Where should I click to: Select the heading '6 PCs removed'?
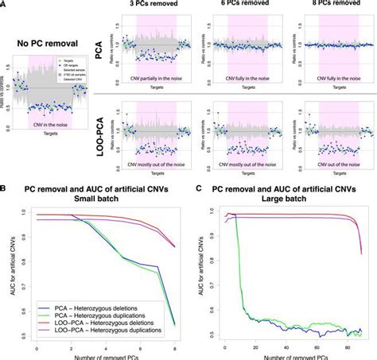(x=235, y=5)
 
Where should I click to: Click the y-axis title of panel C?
(x=201, y=274)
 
